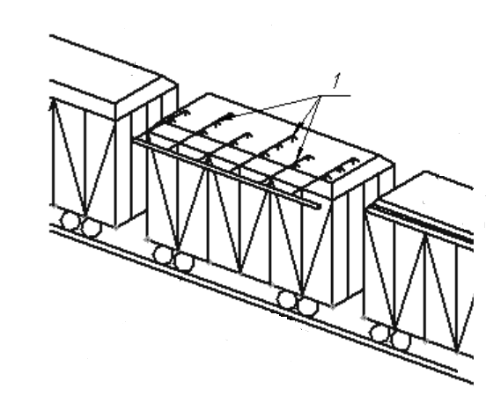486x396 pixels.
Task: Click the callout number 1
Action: click(x=336, y=80)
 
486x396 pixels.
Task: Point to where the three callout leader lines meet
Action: click(x=320, y=96)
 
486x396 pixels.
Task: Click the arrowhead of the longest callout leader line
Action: click(x=230, y=116)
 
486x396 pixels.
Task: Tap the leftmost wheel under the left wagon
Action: click(x=70, y=221)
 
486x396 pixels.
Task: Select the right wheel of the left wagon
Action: click(x=92, y=228)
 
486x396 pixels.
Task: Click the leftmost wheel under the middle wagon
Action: click(x=163, y=254)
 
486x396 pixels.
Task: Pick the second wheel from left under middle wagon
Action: click(x=185, y=262)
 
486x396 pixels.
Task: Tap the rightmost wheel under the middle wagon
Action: click(x=308, y=306)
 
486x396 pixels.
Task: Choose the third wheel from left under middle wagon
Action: click(x=286, y=299)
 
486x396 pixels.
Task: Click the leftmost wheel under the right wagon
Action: click(x=380, y=334)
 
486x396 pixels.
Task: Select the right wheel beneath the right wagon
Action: click(x=401, y=341)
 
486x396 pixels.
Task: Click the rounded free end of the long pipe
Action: click(x=319, y=207)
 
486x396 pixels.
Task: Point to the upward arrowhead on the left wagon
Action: click(x=54, y=103)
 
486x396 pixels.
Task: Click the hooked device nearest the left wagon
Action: click(x=177, y=117)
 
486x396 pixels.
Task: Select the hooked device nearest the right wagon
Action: click(x=342, y=168)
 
